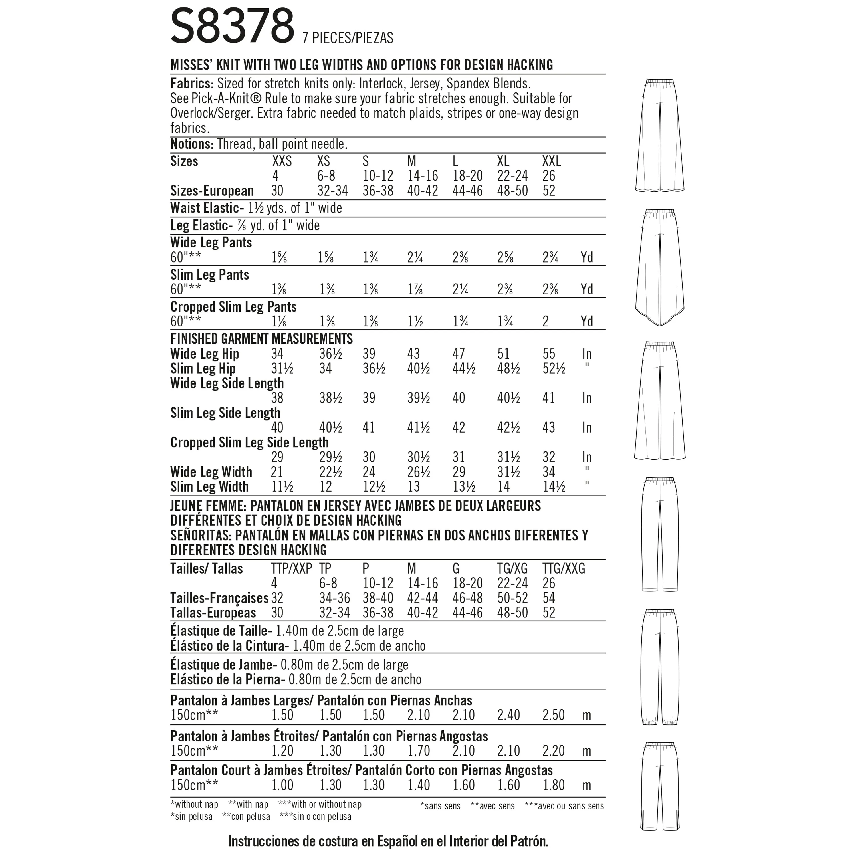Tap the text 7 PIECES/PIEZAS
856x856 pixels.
(x=348, y=38)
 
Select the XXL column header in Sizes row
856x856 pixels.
(x=551, y=161)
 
